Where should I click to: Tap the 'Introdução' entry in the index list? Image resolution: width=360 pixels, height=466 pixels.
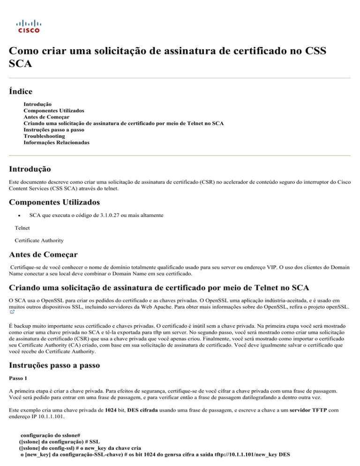[37, 104]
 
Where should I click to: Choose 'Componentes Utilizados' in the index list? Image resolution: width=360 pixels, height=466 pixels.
[54, 111]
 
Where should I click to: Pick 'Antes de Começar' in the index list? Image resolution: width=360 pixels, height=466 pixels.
[46, 117]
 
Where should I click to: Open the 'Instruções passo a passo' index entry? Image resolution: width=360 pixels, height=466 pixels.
[56, 130]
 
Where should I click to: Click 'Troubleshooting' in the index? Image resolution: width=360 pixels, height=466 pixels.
[44, 136]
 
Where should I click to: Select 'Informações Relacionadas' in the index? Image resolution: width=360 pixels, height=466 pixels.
[56, 142]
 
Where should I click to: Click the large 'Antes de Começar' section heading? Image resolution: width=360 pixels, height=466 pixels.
[46, 256]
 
